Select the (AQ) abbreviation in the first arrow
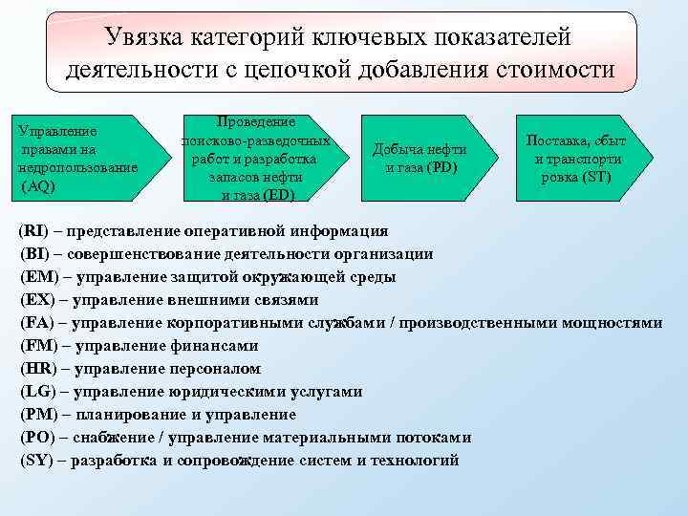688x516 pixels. click(37, 186)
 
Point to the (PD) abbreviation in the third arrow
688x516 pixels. click(441, 167)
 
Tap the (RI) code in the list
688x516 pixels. click(35, 231)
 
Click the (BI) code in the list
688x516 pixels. click(35, 254)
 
